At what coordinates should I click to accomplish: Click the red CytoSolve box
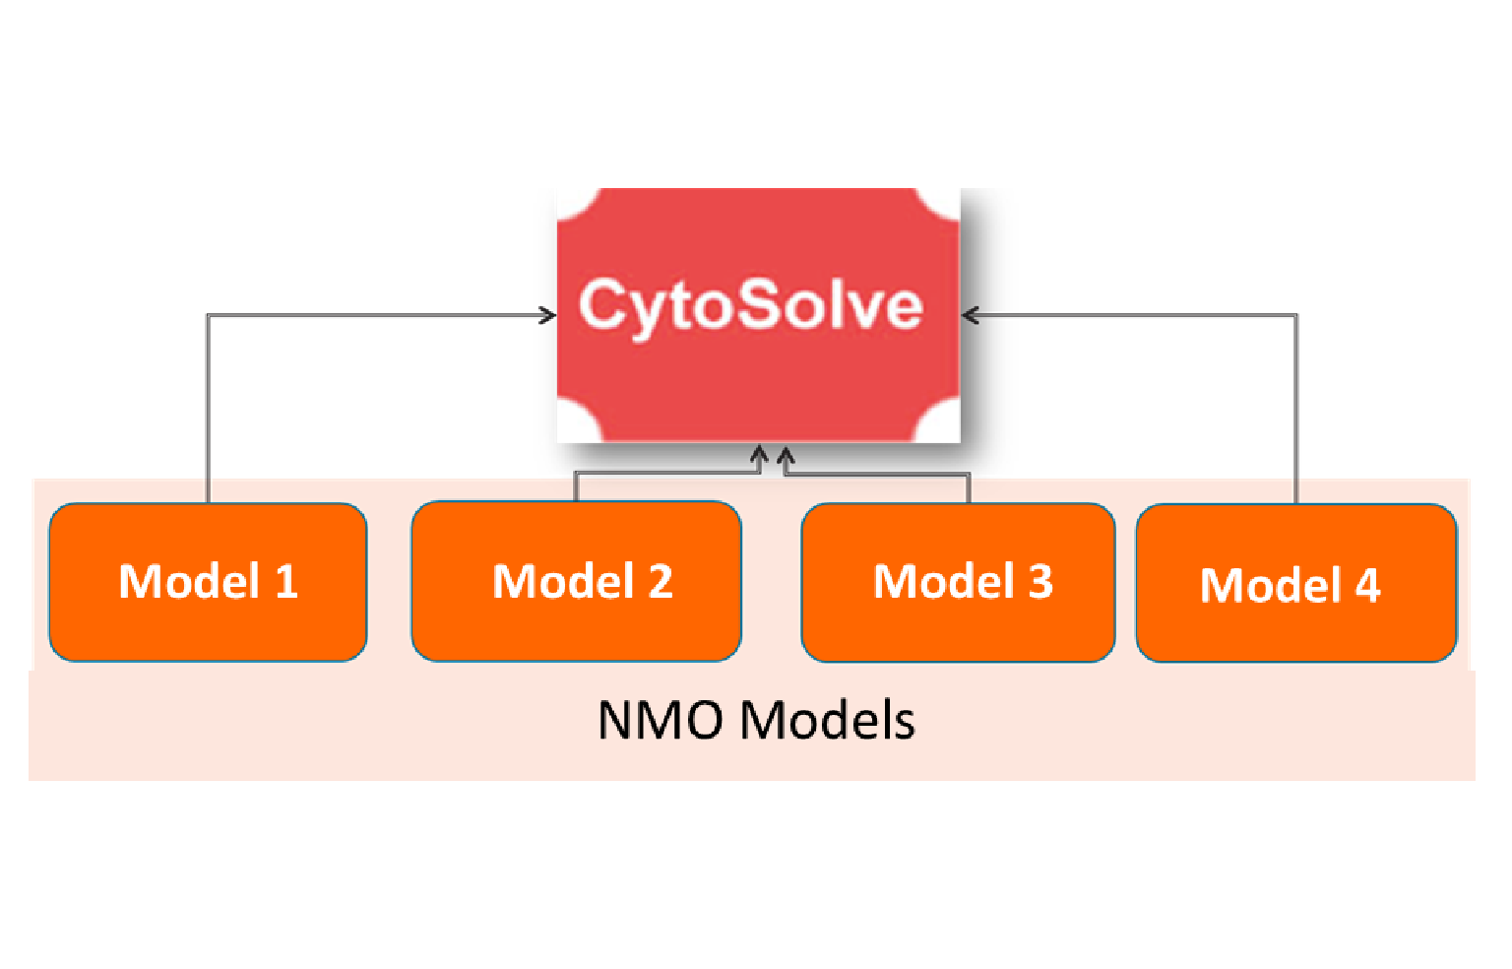click(x=758, y=315)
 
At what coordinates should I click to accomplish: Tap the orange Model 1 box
click(x=208, y=582)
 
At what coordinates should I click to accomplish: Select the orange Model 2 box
click(x=576, y=582)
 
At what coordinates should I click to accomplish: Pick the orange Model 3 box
click(x=958, y=582)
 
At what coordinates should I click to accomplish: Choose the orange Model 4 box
click(x=1295, y=584)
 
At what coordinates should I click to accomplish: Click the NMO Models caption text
click(x=756, y=721)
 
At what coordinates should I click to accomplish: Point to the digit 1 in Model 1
click(x=286, y=582)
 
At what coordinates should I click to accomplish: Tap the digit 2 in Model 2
click(x=661, y=582)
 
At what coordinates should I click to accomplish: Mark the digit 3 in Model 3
click(x=1040, y=582)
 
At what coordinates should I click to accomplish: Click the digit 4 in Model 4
click(x=1367, y=586)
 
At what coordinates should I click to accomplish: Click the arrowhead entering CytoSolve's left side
click(x=549, y=315)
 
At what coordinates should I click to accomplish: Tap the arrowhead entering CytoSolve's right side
click(x=969, y=315)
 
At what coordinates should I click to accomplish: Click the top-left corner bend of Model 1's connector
click(x=208, y=316)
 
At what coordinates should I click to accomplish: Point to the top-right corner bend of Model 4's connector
click(x=1295, y=316)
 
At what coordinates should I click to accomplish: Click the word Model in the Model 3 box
click(x=943, y=582)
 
